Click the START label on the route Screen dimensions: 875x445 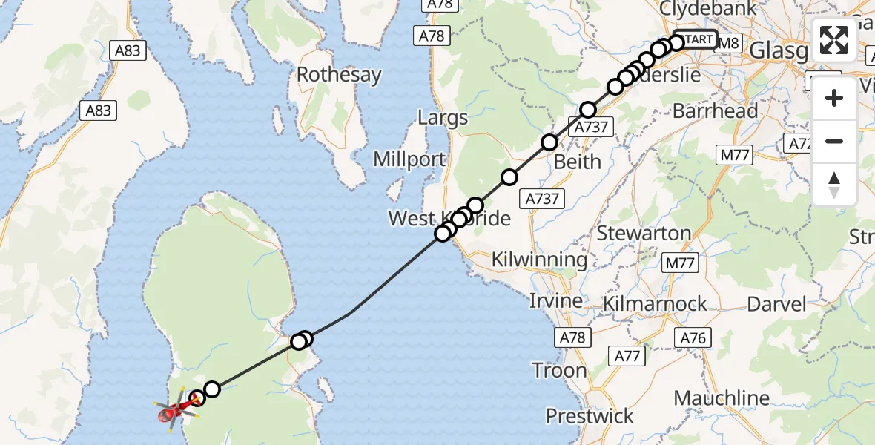coord(696,39)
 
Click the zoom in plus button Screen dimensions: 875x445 coord(834,99)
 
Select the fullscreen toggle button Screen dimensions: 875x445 coord(834,40)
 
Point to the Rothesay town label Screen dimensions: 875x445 coord(339,75)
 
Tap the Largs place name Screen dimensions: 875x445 coord(443,118)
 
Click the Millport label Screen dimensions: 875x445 coord(409,159)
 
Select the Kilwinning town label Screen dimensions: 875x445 coord(539,260)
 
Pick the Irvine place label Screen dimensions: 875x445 coord(555,301)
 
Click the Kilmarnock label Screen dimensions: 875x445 coord(655,304)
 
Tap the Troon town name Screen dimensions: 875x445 coord(559,370)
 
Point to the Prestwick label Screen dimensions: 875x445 coord(590,416)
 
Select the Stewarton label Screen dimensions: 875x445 coord(644,233)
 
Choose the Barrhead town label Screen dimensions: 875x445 coord(715,111)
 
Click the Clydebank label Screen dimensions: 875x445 coord(708,9)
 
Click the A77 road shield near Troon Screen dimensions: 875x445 coord(627,356)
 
